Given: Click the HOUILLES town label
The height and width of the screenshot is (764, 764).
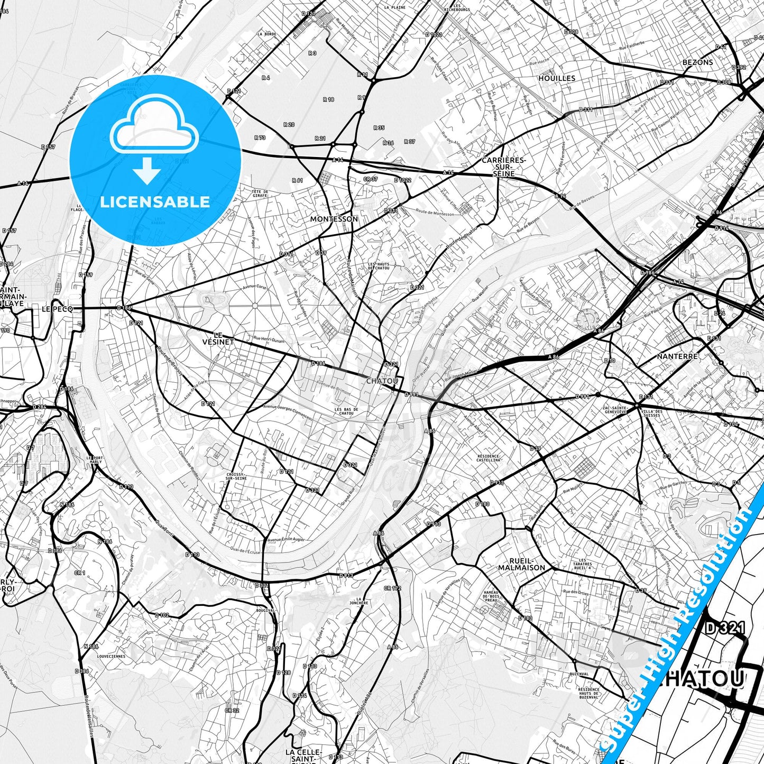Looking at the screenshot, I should tap(556, 78).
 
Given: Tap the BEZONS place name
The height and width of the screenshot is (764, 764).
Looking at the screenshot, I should tap(697, 62).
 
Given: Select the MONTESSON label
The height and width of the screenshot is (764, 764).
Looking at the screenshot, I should tap(334, 219).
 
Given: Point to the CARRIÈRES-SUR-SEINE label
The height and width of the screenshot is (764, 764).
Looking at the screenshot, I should tap(503, 167).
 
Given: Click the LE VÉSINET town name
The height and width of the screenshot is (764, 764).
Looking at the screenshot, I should tap(218, 338).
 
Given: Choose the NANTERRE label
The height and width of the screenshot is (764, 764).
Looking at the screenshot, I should tap(677, 356).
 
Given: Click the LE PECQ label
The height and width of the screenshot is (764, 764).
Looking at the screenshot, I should tap(57, 308).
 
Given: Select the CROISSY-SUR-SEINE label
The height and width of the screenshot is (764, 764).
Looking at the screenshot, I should tap(236, 476).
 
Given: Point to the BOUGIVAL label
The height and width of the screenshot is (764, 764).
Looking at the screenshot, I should tap(265, 610).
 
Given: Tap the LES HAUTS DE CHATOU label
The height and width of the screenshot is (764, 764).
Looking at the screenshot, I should tap(379, 266).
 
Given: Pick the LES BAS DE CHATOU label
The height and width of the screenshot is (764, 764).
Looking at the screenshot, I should tap(346, 411).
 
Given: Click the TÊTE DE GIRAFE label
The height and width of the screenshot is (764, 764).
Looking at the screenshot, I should tap(260, 194).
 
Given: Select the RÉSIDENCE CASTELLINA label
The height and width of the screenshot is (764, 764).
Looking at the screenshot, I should tap(489, 458).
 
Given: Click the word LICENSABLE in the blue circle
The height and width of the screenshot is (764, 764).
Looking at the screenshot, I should tap(154, 201).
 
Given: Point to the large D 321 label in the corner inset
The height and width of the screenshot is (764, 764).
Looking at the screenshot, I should tap(725, 629).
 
